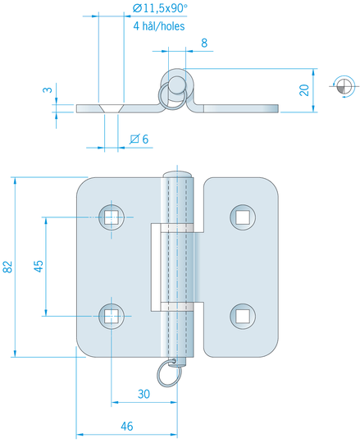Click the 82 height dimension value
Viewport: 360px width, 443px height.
pyautogui.click(x=8, y=267)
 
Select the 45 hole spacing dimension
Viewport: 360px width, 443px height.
pyautogui.click(x=39, y=266)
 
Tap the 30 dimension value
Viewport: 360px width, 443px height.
pyautogui.click(x=144, y=394)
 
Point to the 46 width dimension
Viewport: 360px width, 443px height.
pyautogui.click(x=127, y=426)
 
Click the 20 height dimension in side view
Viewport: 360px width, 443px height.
pyautogui.click(x=304, y=90)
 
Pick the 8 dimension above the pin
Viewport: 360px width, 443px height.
pyautogui.click(x=204, y=43)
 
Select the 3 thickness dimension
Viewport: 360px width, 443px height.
pyautogui.click(x=48, y=90)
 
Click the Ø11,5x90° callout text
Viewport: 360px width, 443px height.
pyautogui.click(x=160, y=8)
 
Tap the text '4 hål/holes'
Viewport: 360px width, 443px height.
pyautogui.click(x=159, y=26)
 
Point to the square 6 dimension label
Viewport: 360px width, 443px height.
pyautogui.click(x=139, y=139)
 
